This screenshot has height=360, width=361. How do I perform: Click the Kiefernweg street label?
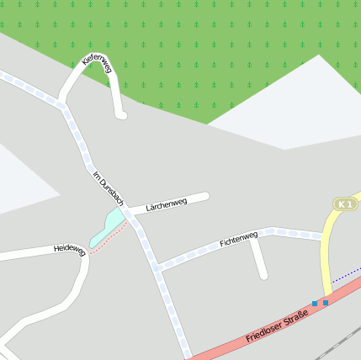tap(97, 65)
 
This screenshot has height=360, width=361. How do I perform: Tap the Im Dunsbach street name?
tap(109, 188)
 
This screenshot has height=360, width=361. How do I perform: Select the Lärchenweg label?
tap(166, 204)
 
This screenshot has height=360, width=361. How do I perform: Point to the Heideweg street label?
tap(70, 249)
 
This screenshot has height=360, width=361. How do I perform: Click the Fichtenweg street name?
tap(238, 240)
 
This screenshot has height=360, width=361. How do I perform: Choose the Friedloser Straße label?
tap(277, 326)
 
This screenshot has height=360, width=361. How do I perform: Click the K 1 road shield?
tap(344, 204)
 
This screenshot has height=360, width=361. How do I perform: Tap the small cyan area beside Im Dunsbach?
tap(109, 225)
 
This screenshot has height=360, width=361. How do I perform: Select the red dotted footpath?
tap(108, 241)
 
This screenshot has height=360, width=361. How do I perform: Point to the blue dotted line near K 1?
tap(345, 274)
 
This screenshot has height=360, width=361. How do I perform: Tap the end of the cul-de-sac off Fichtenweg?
tap(263, 274)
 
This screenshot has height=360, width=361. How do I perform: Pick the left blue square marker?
tap(315, 303)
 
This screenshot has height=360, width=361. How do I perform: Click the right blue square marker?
tap(326, 303)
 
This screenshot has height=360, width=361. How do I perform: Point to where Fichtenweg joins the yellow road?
tap(323, 236)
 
